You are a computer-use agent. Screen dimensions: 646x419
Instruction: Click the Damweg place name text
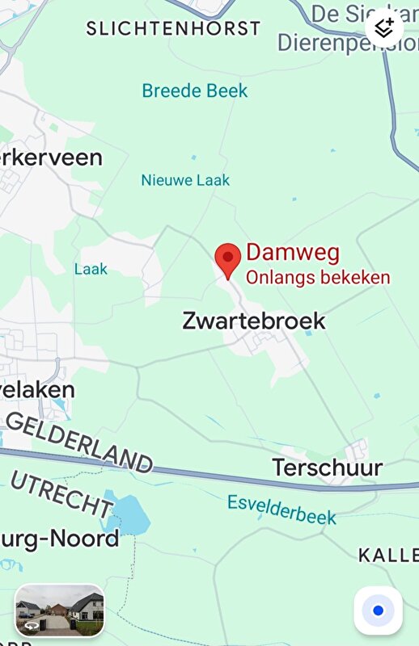click(x=293, y=253)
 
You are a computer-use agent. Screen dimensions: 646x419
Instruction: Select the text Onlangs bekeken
click(x=318, y=277)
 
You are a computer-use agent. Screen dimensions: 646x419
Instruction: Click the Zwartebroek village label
click(x=254, y=321)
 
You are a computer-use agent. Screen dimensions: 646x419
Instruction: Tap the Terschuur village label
click(x=327, y=467)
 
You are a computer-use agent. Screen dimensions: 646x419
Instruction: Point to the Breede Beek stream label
click(x=195, y=90)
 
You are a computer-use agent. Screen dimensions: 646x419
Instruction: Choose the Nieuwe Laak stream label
click(x=185, y=180)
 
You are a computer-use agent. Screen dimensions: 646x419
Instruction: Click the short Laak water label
click(x=91, y=269)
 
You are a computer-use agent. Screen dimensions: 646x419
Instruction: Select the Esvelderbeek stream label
click(x=281, y=509)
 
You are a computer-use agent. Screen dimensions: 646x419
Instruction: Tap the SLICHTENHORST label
click(x=173, y=28)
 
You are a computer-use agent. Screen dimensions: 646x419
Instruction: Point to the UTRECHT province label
click(x=61, y=493)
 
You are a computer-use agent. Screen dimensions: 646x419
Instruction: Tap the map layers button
click(x=384, y=27)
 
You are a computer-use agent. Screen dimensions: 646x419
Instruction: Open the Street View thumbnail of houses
click(x=60, y=610)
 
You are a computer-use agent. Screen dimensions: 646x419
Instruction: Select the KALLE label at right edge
click(x=388, y=555)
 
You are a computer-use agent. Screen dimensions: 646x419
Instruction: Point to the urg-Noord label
click(x=60, y=538)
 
